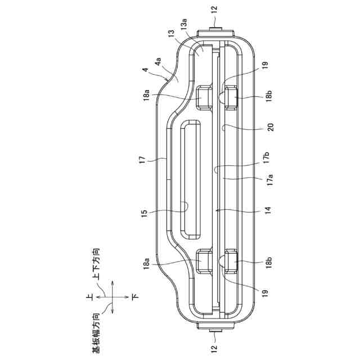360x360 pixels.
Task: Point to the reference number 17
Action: [145, 160]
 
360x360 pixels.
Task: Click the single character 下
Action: [136, 295]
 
